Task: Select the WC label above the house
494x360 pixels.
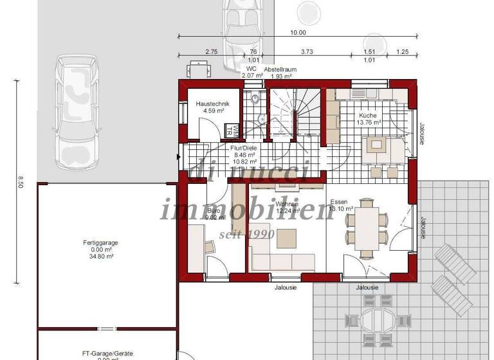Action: pyautogui.click(x=252, y=68)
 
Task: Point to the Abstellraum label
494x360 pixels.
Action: pyautogui.click(x=281, y=68)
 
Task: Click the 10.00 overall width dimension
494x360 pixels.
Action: pyautogui.click(x=298, y=32)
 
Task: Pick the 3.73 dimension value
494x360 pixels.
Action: pyautogui.click(x=307, y=51)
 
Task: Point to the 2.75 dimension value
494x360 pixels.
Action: pyautogui.click(x=212, y=51)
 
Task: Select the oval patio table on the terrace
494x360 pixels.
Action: pyautogui.click(x=380, y=318)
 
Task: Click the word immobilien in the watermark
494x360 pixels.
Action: pyautogui.click(x=246, y=210)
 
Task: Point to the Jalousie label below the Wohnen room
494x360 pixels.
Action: pyautogui.click(x=285, y=287)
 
